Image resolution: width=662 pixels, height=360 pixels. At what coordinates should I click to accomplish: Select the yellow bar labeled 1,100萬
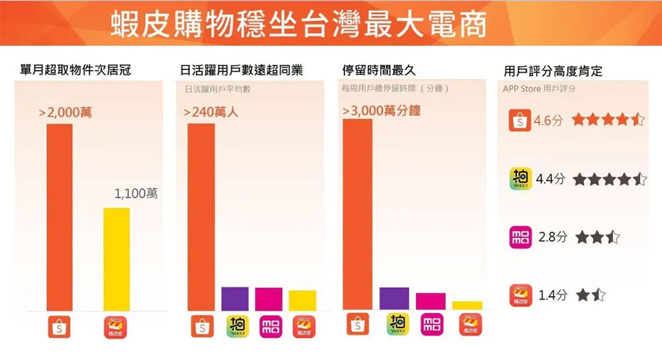tap(117, 259)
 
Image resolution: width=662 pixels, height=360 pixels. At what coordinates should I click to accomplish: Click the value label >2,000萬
tap(66, 113)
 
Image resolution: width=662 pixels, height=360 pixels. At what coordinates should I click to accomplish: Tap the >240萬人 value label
tap(211, 113)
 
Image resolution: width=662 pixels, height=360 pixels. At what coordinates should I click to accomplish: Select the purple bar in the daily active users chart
tap(234, 298)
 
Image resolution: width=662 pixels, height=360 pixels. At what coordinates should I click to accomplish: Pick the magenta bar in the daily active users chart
tap(268, 298)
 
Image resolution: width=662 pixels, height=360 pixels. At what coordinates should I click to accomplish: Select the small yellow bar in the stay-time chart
tap(467, 305)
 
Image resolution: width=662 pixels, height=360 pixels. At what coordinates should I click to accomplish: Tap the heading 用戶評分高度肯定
tap(552, 71)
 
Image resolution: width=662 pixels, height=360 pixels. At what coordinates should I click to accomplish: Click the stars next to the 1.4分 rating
tap(591, 295)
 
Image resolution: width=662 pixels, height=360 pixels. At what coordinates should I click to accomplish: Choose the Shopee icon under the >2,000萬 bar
tap(59, 327)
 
